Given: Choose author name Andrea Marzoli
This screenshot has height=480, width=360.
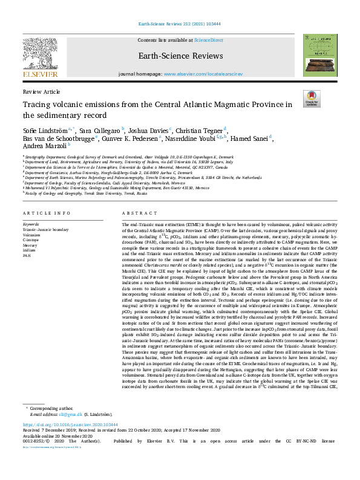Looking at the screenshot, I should [44, 146].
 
